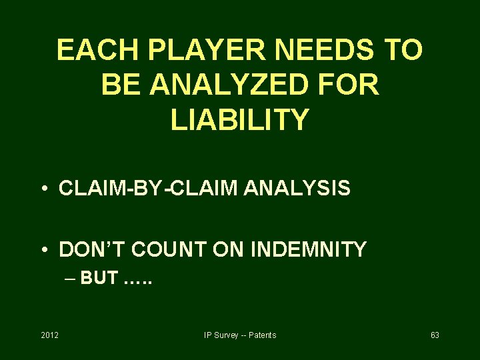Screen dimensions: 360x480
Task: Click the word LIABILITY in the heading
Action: click(240, 120)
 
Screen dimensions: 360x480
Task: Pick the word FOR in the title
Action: click(351, 85)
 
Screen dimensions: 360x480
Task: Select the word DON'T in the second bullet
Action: click(92, 249)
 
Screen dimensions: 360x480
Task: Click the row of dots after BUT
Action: click(139, 280)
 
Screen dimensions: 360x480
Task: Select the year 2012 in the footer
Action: click(49, 335)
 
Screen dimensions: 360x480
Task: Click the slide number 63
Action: click(435, 335)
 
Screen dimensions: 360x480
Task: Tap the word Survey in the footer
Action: click(226, 335)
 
